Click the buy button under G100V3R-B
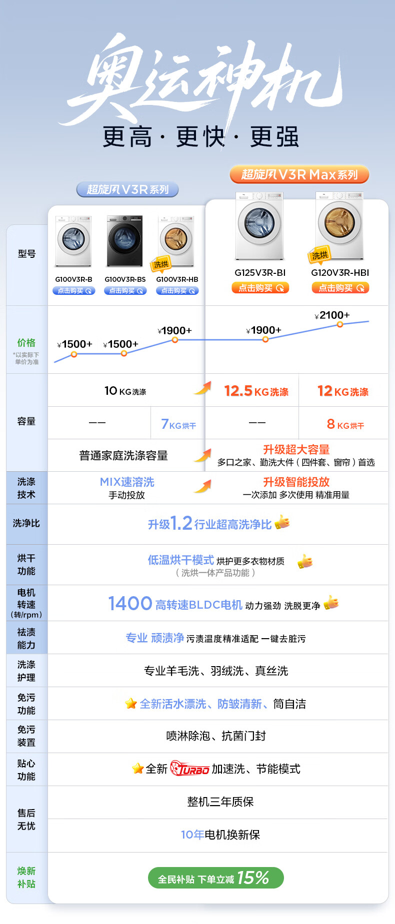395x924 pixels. click(74, 291)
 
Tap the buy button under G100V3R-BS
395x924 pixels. click(125, 291)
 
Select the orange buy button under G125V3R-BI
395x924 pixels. click(260, 288)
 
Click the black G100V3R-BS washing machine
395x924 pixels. click(124, 241)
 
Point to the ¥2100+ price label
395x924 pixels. click(332, 315)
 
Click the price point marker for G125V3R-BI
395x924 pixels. click(265, 340)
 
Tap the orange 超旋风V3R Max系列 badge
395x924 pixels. click(299, 174)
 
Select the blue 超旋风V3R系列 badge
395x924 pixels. click(127, 189)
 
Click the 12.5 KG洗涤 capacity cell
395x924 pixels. click(256, 391)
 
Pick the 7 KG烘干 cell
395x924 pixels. click(178, 424)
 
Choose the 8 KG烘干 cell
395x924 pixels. click(345, 424)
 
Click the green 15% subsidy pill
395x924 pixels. click(215, 878)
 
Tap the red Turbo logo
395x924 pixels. click(189, 769)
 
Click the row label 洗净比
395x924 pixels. click(26, 523)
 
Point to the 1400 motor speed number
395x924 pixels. click(130, 604)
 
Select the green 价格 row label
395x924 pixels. click(26, 343)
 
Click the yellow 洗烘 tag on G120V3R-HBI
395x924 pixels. click(319, 255)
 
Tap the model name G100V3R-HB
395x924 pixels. click(177, 279)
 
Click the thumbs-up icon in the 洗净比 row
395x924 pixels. click(282, 522)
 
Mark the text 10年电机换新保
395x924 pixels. click(220, 835)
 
